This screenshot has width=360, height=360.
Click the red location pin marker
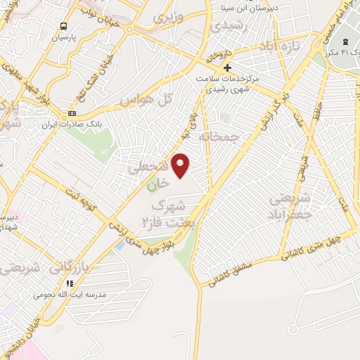[181, 165]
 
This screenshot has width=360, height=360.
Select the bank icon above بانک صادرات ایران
[72, 113]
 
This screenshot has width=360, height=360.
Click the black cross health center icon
[226, 67]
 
